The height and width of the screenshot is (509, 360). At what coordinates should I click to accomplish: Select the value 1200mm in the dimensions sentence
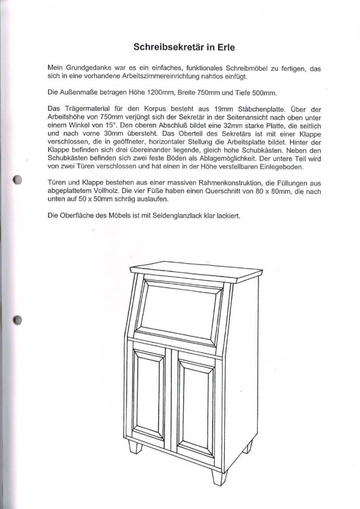161,93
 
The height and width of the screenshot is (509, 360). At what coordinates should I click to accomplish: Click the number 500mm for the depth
264,93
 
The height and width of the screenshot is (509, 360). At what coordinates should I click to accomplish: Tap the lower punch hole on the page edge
17,321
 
